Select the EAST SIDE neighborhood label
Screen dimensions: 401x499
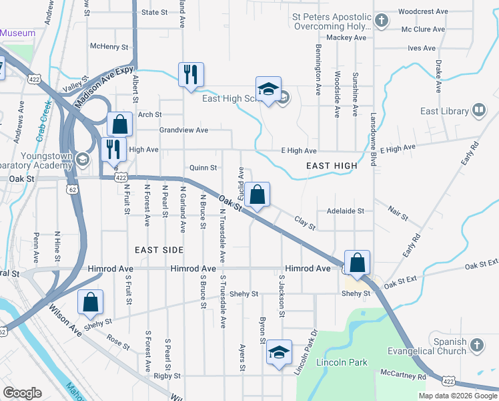159,249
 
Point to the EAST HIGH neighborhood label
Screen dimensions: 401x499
332,165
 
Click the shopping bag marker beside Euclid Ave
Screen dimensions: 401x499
257,194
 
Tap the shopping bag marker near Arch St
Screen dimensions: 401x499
119,124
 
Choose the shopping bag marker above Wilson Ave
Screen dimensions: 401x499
90,302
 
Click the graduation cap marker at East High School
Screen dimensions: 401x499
268,90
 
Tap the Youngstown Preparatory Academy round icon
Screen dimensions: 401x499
82,158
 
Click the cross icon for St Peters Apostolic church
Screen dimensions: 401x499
382,21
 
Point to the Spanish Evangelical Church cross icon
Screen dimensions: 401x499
476,345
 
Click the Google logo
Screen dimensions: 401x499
22,393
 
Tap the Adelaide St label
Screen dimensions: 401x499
345,211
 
